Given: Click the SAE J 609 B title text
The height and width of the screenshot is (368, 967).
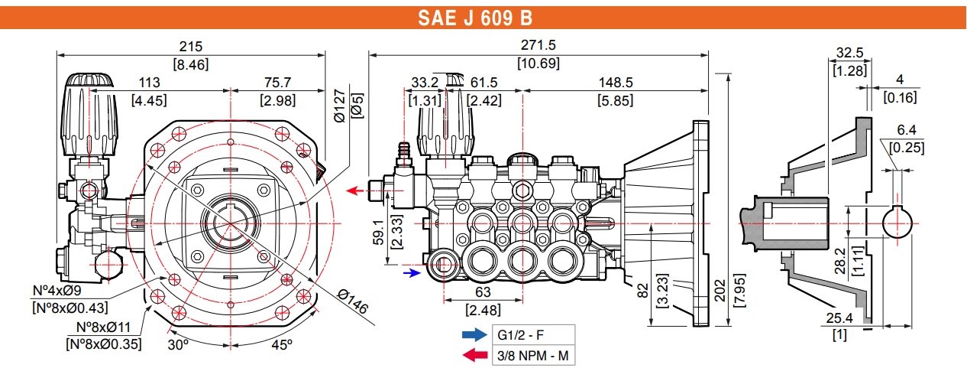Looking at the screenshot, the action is pyautogui.click(x=475, y=18).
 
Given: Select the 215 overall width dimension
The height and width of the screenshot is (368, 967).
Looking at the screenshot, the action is pyautogui.click(x=191, y=46).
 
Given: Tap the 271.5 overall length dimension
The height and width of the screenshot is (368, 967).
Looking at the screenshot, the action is pyautogui.click(x=538, y=45).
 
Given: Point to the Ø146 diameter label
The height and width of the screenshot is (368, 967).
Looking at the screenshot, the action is pyautogui.click(x=353, y=302).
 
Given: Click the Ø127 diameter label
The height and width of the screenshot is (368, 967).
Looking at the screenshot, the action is pyautogui.click(x=340, y=106).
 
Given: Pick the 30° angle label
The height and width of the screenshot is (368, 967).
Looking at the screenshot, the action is pyautogui.click(x=178, y=344).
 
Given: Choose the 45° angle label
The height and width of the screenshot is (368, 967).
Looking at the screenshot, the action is pyautogui.click(x=282, y=344).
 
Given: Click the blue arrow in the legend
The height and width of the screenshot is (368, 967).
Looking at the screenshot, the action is pyautogui.click(x=474, y=334).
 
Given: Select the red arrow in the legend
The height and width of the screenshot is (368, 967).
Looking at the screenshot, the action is pyautogui.click(x=474, y=356).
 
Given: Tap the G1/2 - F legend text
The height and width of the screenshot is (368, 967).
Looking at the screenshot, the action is pyautogui.click(x=521, y=335).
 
